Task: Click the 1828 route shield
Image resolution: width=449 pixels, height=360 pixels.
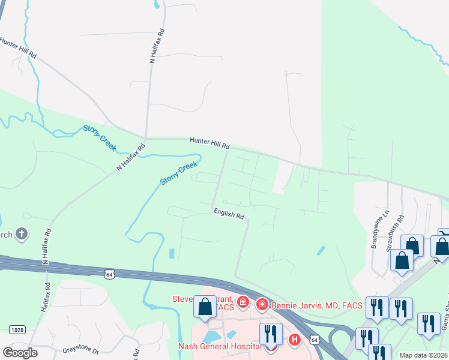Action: click(x=17, y=329)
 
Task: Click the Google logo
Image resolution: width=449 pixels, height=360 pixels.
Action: click(x=20, y=353)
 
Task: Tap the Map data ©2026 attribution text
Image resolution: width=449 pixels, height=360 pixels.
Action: click(x=423, y=355)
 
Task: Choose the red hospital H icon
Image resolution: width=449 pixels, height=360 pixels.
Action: click(x=294, y=340)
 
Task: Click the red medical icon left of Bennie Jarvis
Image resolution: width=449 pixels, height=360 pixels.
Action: click(x=262, y=305)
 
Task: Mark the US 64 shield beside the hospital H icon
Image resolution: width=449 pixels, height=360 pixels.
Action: click(x=315, y=340)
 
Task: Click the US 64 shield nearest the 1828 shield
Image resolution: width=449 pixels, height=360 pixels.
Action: click(x=109, y=274)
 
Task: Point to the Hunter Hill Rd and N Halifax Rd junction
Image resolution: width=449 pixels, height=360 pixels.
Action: click(x=145, y=137)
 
